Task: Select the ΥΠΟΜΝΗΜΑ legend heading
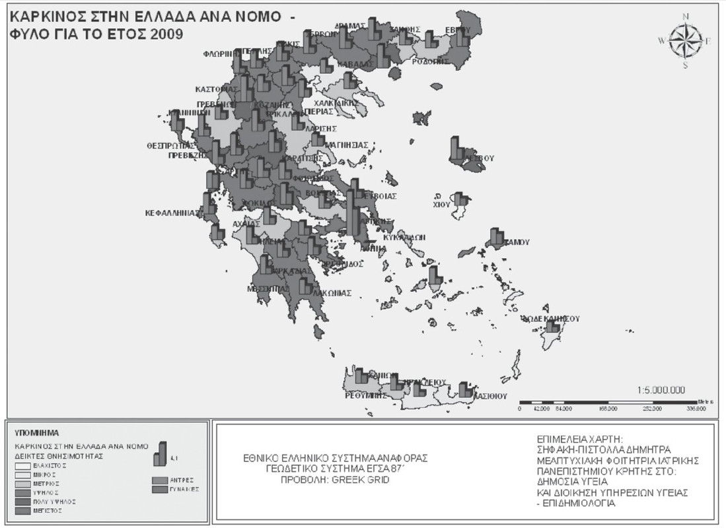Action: (x=36, y=433)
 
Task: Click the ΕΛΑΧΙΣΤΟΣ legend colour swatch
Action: (x=25, y=465)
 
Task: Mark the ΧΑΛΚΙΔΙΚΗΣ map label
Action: (x=336, y=103)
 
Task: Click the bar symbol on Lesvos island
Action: (x=456, y=149)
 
